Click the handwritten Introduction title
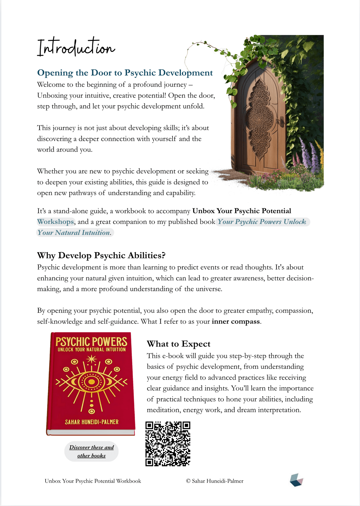[76, 47]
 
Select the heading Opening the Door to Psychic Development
[125, 73]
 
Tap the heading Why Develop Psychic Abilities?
[101, 255]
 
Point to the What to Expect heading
[178, 344]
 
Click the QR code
[168, 444]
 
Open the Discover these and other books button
[91, 451]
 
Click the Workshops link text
[55, 222]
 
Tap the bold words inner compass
[236, 322]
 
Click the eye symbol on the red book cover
[91, 382]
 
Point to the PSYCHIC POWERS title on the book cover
[91, 342]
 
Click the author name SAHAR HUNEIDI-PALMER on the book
[92, 422]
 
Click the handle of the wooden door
[281, 121]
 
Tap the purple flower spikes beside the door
[309, 156]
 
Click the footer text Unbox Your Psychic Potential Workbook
[93, 481]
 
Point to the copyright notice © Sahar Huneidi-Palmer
[214, 481]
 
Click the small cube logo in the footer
[296, 480]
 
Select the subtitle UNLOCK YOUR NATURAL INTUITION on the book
[92, 350]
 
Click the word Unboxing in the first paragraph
[52, 96]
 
